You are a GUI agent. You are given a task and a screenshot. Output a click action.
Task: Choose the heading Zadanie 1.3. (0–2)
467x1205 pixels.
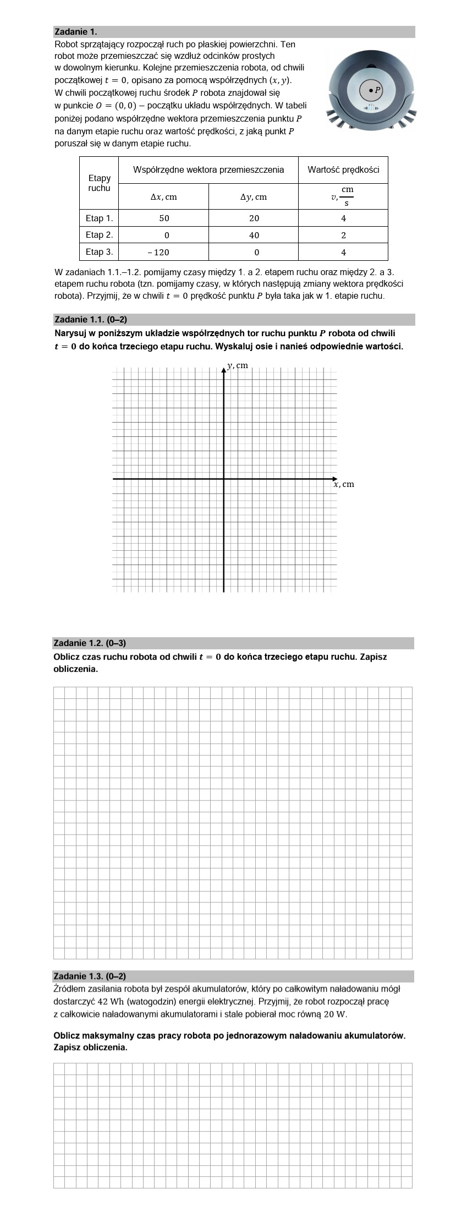(x=90, y=976)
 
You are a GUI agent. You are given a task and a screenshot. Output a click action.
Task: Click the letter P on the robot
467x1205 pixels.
(x=377, y=89)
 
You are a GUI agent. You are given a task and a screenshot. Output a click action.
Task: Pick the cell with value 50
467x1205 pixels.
(x=164, y=218)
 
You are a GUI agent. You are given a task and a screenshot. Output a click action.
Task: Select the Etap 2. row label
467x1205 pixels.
(x=99, y=235)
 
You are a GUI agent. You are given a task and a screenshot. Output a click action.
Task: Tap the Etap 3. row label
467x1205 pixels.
(x=99, y=252)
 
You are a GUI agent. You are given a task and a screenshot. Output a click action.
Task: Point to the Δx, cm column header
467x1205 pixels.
(x=164, y=196)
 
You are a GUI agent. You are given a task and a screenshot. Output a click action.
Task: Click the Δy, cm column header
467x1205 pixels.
(x=254, y=196)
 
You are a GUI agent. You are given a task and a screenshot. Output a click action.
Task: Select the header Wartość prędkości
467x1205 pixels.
(x=343, y=169)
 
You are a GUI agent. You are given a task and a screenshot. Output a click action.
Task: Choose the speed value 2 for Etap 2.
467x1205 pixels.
(x=343, y=235)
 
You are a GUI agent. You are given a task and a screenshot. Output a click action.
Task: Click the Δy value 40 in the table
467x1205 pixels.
(x=254, y=235)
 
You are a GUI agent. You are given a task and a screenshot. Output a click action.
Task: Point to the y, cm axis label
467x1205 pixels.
(x=238, y=365)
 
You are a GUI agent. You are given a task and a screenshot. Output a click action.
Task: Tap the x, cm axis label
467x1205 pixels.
(x=344, y=484)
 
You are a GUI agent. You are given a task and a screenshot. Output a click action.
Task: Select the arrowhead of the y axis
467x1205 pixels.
(x=224, y=369)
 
